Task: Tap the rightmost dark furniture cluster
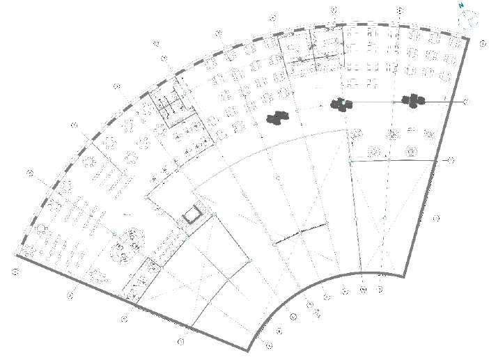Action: pyautogui.click(x=414, y=101)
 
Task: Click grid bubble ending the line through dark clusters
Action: pyautogui.click(x=465, y=102)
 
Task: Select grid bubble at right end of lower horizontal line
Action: pyautogui.click(x=450, y=161)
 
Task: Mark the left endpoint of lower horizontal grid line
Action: pyautogui.click(x=350, y=161)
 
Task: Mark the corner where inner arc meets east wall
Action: pyautogui.click(x=403, y=276)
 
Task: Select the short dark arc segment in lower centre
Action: pyautogui.click(x=300, y=233)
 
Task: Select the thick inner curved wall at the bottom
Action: pyautogui.click(x=313, y=293)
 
